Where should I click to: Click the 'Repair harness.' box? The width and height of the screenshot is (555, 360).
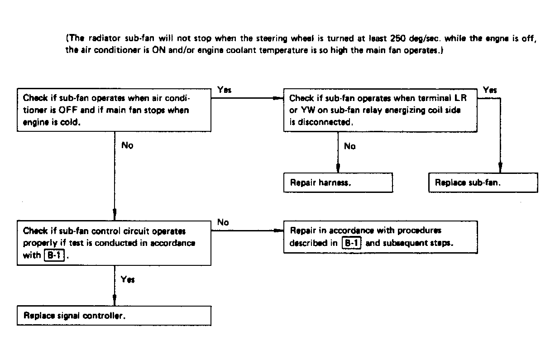click(x=338, y=182)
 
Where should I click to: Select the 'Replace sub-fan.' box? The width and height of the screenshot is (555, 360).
click(x=483, y=182)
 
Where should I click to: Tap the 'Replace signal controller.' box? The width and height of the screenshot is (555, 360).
click(x=114, y=316)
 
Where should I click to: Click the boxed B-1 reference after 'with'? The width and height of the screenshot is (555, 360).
click(x=54, y=255)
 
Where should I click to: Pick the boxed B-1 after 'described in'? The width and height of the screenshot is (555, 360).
click(x=352, y=243)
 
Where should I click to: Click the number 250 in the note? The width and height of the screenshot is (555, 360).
click(x=397, y=38)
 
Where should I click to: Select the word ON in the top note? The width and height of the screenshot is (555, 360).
click(x=158, y=50)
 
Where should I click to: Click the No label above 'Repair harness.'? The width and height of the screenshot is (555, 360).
click(x=349, y=146)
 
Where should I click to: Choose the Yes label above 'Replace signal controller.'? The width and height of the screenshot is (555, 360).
click(x=128, y=279)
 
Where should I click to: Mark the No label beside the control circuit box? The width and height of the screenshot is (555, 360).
click(x=223, y=222)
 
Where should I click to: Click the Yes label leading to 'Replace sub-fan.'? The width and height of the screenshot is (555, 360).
click(x=490, y=90)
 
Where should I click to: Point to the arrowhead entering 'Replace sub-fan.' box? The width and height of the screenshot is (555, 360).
click(x=500, y=168)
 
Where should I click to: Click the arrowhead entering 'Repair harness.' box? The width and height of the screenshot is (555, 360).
click(x=338, y=168)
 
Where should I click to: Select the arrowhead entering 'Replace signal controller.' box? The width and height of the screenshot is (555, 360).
click(x=115, y=300)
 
